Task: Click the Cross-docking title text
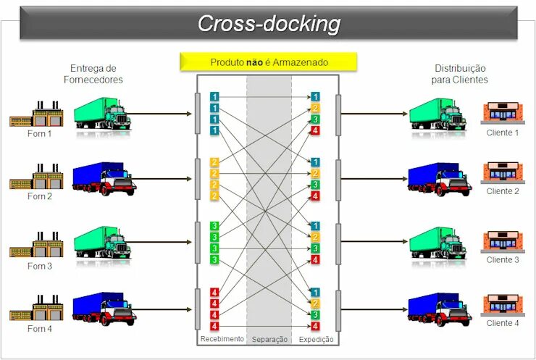coord(269,24)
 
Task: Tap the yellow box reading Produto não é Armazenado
coord(269,62)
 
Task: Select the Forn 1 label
coord(40,134)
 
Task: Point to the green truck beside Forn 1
coord(102,114)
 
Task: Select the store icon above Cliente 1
coord(503,113)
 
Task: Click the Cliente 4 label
coord(503,323)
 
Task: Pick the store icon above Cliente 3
coord(503,241)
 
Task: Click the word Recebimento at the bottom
coord(222,339)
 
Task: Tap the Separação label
coord(269,339)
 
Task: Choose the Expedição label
coord(317,339)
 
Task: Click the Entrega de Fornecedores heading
coord(96,74)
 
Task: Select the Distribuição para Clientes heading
coord(459,74)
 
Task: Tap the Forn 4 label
coord(40,328)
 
